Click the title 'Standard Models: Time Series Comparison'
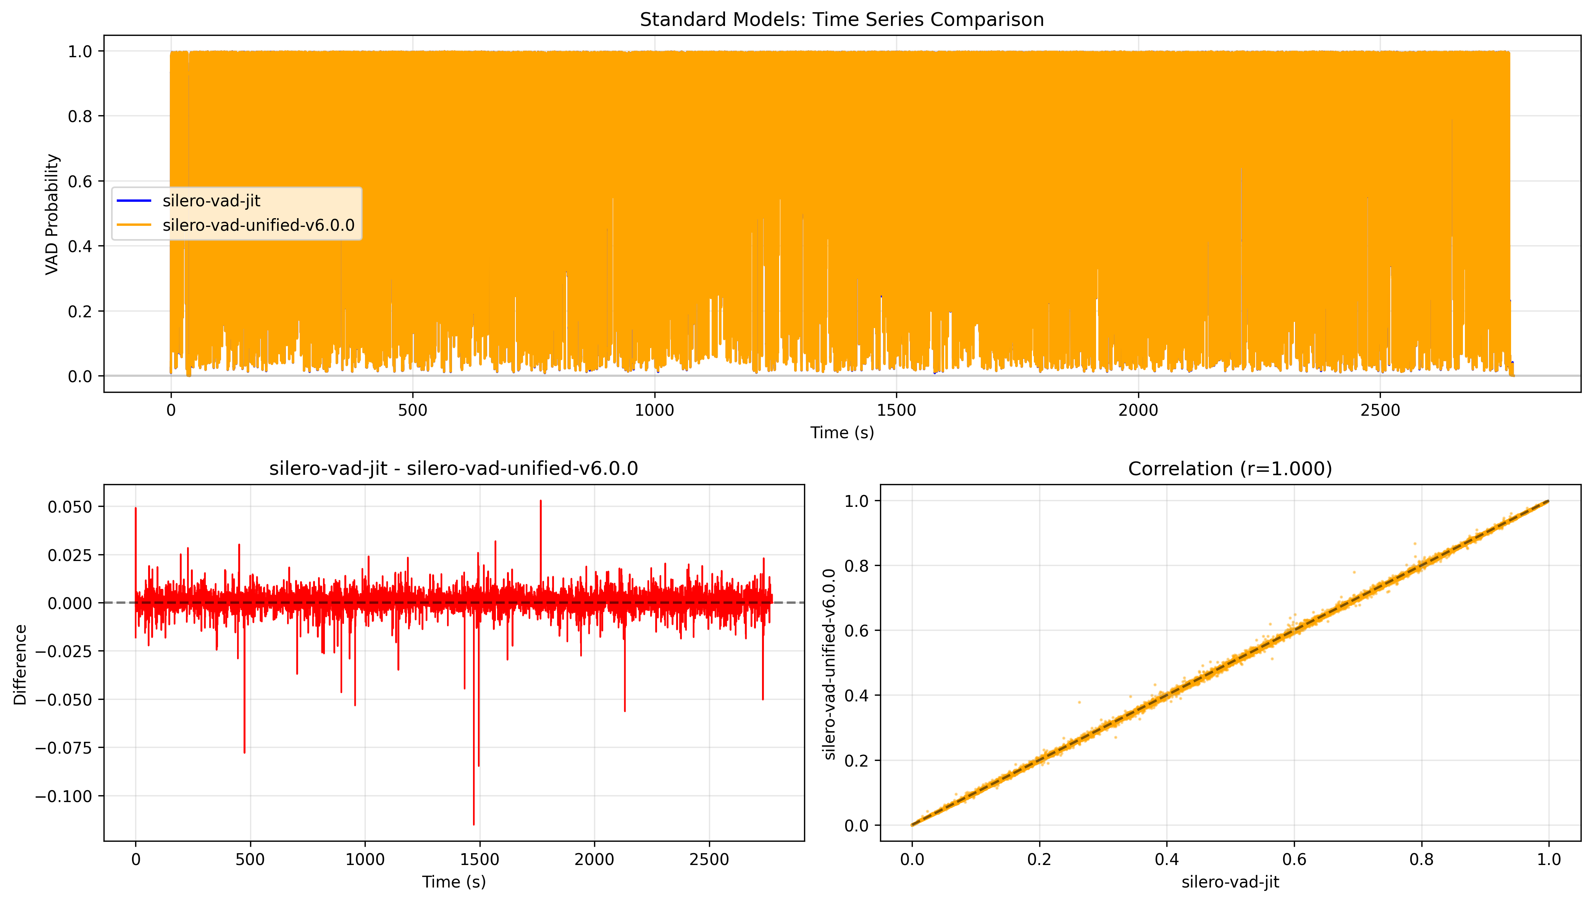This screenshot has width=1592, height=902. click(x=841, y=20)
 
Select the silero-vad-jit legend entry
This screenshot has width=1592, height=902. click(x=211, y=201)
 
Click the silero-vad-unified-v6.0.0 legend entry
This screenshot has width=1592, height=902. click(x=258, y=225)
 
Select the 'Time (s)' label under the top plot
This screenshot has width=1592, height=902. click(x=841, y=433)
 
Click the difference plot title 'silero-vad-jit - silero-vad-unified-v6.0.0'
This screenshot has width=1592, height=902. click(x=453, y=468)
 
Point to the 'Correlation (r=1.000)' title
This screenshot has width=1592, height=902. click(x=1229, y=468)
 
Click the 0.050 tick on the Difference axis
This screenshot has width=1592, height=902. click(x=69, y=507)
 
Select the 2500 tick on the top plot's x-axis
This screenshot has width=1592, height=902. click(x=1380, y=410)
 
